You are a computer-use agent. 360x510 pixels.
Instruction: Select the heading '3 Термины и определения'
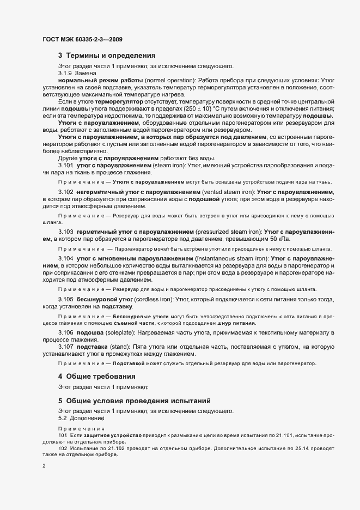coord(107,56)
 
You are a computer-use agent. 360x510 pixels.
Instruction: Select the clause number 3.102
coord(65,193)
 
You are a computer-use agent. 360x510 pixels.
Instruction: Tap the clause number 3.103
coord(65,232)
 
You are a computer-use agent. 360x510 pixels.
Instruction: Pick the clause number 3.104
coord(65,258)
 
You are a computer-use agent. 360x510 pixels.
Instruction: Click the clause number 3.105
coord(65,300)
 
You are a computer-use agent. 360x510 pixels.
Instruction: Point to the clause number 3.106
coord(65,332)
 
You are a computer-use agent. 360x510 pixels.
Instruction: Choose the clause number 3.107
coord(65,347)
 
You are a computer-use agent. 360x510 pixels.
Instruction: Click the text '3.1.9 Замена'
coord(77,72)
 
